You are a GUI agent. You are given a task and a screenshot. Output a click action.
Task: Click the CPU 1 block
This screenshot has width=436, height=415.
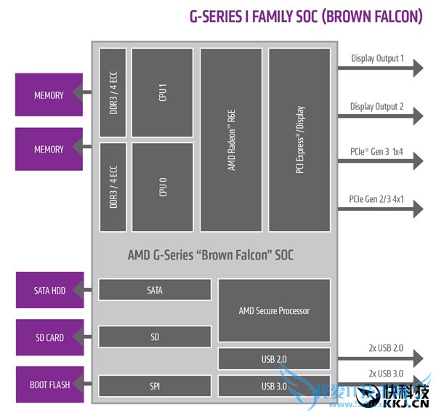[x=162, y=92]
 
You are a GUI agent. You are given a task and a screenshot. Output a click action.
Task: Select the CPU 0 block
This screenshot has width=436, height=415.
[x=162, y=187]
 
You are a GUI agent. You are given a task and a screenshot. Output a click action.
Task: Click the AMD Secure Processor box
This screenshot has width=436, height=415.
[x=274, y=310]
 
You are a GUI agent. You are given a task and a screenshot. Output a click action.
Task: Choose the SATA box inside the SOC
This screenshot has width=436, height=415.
[x=155, y=290]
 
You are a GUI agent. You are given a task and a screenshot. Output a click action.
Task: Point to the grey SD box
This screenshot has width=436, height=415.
[x=155, y=337]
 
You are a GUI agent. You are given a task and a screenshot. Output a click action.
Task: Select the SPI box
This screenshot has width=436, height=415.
[x=155, y=384]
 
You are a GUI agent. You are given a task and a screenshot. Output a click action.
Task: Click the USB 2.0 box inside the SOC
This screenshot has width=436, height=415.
[x=274, y=359]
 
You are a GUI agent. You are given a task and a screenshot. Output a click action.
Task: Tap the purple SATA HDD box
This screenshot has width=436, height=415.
[x=49, y=291]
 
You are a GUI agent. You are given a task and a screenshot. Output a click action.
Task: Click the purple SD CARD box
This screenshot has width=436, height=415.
[x=49, y=338]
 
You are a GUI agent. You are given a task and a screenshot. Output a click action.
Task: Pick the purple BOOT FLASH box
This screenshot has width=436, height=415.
[x=49, y=384]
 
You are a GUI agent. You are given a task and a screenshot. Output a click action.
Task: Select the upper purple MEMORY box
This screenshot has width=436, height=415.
[x=49, y=95]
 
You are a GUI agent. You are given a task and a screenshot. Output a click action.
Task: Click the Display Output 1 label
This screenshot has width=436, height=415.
[x=377, y=58]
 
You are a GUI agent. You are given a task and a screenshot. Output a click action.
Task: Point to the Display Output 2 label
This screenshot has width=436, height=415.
[x=376, y=107]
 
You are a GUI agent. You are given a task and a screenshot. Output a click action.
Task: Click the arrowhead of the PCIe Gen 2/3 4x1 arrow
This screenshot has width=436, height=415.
[x=418, y=209]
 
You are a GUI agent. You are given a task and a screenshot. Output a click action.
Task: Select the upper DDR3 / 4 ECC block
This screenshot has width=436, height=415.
[x=113, y=92]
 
